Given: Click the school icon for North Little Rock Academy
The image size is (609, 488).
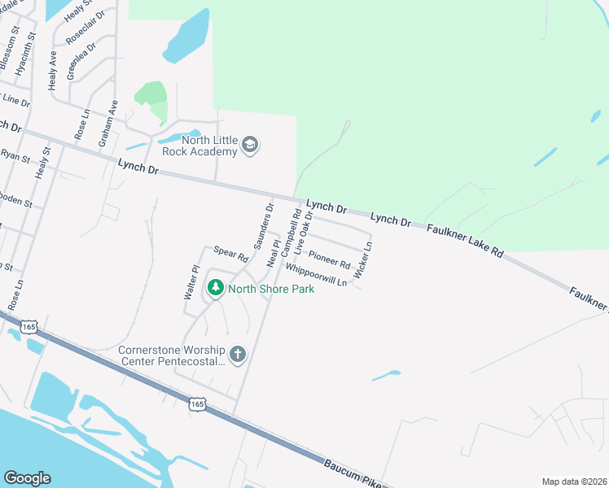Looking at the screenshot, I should (x=250, y=146).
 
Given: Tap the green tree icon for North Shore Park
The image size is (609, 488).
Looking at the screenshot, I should (x=216, y=288).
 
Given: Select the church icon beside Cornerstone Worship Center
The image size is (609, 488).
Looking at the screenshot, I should (x=238, y=354).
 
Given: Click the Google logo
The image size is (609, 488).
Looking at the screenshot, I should (x=27, y=478).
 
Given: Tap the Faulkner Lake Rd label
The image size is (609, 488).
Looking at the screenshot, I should (x=464, y=240).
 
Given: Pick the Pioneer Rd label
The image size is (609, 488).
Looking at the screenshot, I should (x=329, y=259).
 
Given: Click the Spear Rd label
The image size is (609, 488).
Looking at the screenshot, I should (x=230, y=254).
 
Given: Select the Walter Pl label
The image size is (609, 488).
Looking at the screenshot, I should (x=190, y=281).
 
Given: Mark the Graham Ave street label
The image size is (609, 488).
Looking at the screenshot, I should (x=108, y=124).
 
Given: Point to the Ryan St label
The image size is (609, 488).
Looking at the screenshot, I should (x=15, y=155).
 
